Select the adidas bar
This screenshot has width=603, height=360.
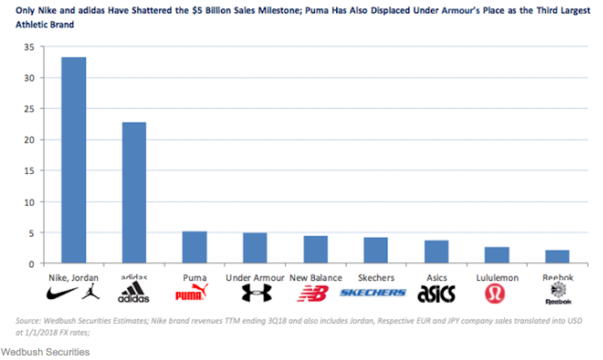[134, 193]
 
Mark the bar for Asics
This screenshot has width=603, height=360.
[436, 252]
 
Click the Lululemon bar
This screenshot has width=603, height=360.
[496, 255]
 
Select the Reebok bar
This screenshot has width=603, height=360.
[556, 257]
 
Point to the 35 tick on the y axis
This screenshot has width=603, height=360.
[29, 47]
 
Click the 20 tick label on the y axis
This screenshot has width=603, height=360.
[29, 140]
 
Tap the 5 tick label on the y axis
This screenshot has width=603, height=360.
[32, 233]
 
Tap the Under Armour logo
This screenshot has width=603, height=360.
[254, 292]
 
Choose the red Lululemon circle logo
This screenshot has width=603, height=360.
[496, 292]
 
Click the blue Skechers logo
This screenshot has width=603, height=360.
[373, 292]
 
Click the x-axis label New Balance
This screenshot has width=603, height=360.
[315, 277]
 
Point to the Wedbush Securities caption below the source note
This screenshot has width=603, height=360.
[44, 352]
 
